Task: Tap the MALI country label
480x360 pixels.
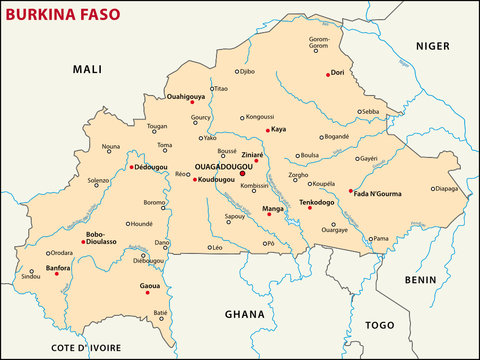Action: pos(87,69)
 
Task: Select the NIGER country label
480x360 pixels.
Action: pos(433,46)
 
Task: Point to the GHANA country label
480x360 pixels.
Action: pos(244,314)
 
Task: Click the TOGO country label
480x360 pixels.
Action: pos(380,325)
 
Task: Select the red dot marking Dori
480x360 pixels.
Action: pos(328,74)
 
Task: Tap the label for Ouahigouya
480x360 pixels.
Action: pos(184,97)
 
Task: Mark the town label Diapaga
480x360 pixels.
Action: pos(446,188)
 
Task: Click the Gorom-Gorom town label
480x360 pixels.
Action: pos(319,43)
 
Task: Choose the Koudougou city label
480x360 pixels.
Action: pos(218,179)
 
